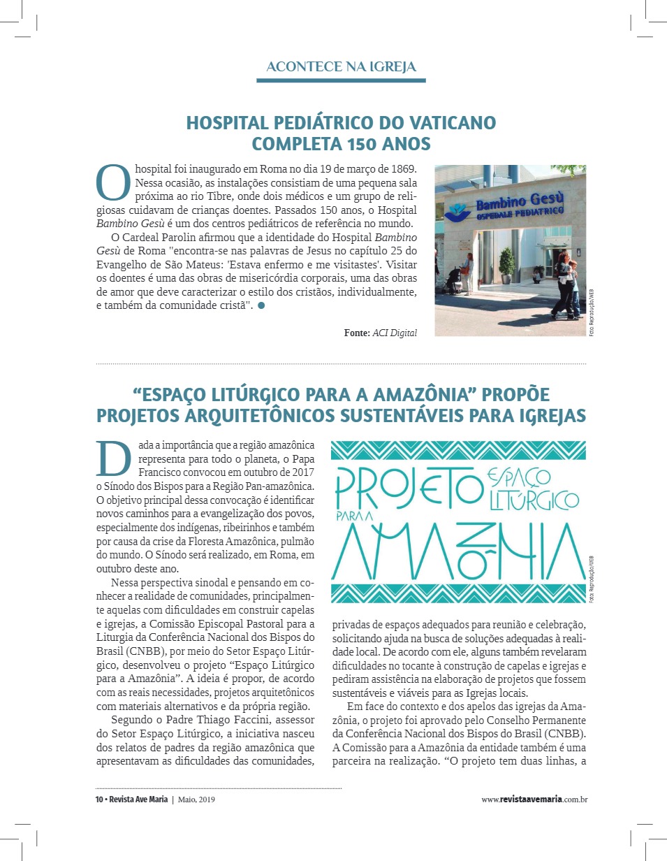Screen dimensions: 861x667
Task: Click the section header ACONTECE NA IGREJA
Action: [x=341, y=67]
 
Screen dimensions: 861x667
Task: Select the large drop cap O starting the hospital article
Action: [x=112, y=181]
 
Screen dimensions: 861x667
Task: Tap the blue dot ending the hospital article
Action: [x=261, y=305]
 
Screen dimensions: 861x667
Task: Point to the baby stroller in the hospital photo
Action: [x=453, y=279]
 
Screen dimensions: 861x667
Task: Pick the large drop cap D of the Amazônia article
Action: [x=113, y=458]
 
